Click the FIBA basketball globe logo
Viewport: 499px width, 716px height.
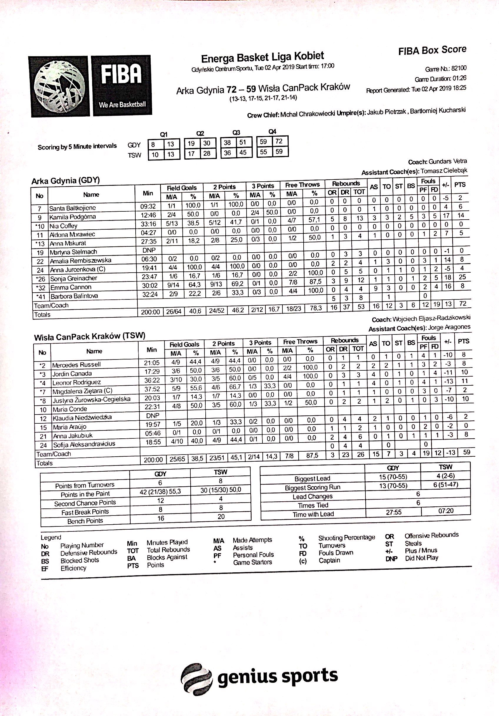pos(59,86)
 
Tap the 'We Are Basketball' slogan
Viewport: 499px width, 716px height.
pos(122,105)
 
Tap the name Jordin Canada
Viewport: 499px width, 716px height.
pos(72,374)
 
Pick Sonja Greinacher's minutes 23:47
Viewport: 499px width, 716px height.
pos(150,277)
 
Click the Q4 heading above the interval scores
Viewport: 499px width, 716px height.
pos(272,132)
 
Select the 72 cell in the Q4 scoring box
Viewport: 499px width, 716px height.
pos(279,141)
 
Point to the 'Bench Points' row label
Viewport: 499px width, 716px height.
pos(85,521)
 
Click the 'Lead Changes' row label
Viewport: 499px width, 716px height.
pos(313,496)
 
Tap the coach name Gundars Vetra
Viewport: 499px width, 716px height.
pos(448,162)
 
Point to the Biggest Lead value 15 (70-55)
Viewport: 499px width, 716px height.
pos(393,477)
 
